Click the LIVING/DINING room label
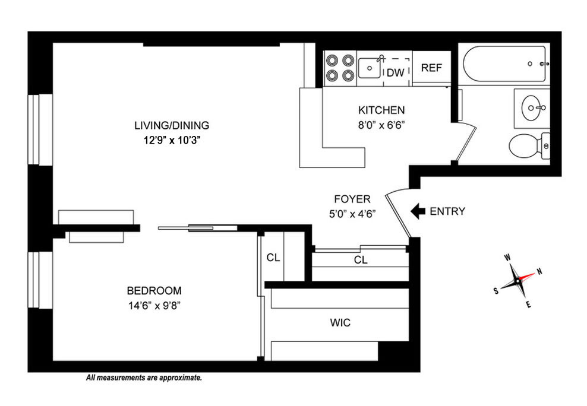coord(171,125)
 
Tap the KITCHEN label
coord(381,110)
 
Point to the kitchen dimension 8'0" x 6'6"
coord(381,125)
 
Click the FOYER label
coord(352,199)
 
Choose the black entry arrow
coord(418,211)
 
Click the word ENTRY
coord(447,211)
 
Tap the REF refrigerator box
coord(431,68)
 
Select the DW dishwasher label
coord(395,72)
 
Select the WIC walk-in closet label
coord(340,323)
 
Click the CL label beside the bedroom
coord(273,258)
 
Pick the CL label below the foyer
coord(360,260)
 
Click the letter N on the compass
coord(539,272)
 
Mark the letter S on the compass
coord(496,291)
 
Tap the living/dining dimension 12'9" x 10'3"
coord(171,141)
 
